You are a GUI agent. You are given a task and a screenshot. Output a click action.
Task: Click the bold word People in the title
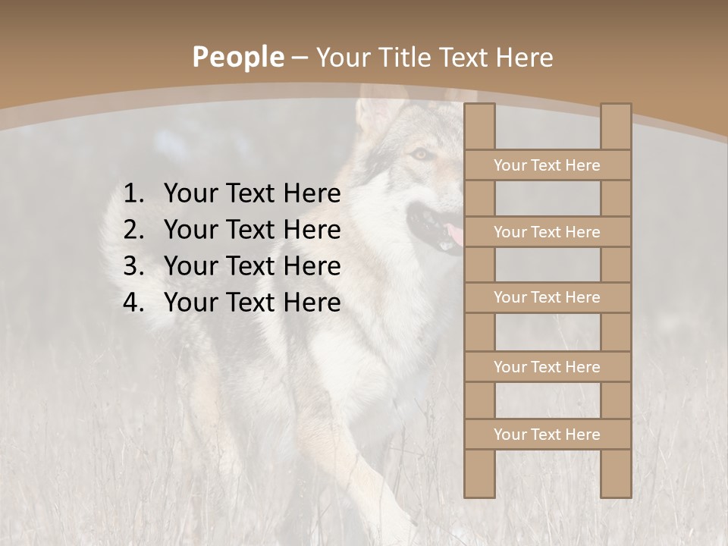pyautogui.click(x=237, y=57)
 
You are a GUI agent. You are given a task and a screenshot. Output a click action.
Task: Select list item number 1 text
pyautogui.click(x=252, y=194)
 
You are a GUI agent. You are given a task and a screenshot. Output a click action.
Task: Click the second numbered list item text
pyautogui.click(x=252, y=230)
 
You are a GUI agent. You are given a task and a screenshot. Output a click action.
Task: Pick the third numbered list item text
pyautogui.click(x=252, y=266)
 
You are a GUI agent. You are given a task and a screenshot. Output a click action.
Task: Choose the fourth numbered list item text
pyautogui.click(x=252, y=303)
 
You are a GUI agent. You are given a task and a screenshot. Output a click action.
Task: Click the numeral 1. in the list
pyautogui.click(x=133, y=194)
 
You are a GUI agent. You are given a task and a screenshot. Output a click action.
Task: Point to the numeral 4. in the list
pyautogui.click(x=133, y=303)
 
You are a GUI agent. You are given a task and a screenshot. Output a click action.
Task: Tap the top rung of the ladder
pyautogui.click(x=547, y=165)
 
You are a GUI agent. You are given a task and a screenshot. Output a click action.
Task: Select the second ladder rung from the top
pyautogui.click(x=547, y=232)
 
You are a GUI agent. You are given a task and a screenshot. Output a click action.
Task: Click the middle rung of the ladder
pyautogui.click(x=547, y=297)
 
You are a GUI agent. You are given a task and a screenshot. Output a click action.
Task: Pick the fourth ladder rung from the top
pyautogui.click(x=547, y=367)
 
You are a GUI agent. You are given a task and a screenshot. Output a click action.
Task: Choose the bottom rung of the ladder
pyautogui.click(x=547, y=435)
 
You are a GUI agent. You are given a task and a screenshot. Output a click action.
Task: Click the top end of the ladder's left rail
pyautogui.click(x=479, y=110)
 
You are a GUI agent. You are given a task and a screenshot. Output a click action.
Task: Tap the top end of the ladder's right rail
pyautogui.click(x=616, y=110)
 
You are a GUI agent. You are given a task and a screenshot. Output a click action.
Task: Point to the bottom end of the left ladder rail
pyautogui.click(x=479, y=491)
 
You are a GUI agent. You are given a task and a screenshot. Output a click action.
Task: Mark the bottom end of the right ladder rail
pyautogui.click(x=616, y=491)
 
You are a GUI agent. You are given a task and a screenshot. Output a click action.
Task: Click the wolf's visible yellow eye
pyautogui.click(x=419, y=154)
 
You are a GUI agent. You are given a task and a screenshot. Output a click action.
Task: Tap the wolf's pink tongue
pyautogui.click(x=455, y=235)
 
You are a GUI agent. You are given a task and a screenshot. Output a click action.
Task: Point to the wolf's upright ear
pyautogui.click(x=373, y=114)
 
